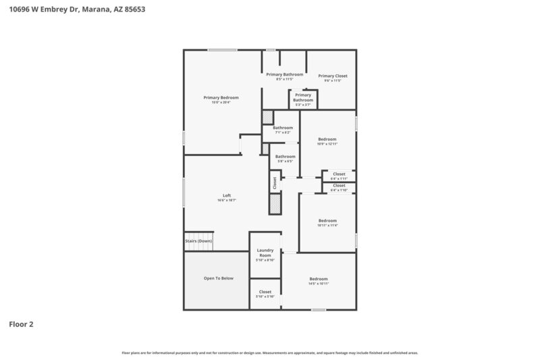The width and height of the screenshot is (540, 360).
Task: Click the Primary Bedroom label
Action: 221,98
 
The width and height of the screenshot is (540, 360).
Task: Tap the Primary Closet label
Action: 333,76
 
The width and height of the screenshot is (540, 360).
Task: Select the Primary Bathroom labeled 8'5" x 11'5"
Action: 284,75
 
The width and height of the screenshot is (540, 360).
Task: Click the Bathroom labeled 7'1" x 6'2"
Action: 283,128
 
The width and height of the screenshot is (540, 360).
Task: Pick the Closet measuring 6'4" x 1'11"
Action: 339,174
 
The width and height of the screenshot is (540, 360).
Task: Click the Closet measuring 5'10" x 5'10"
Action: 265,293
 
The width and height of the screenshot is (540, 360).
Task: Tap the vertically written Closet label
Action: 275,182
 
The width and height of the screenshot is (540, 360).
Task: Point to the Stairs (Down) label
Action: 198,241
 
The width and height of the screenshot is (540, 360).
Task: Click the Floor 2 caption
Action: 20,324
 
